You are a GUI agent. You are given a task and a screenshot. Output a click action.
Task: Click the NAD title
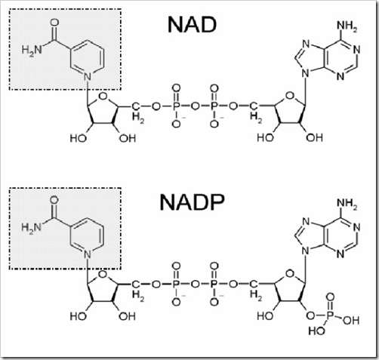click(x=192, y=25)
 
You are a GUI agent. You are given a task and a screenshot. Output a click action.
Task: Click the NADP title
click(x=192, y=202)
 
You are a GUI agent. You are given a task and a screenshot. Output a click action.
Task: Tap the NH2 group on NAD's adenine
click(x=347, y=26)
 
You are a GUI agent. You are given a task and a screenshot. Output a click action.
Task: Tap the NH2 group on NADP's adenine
click(x=347, y=204)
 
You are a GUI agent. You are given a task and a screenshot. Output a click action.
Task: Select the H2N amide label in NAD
click(x=32, y=50)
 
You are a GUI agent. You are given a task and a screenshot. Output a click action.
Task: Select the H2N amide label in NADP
click(x=32, y=228)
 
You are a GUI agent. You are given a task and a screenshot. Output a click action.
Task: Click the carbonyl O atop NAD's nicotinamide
click(x=54, y=23)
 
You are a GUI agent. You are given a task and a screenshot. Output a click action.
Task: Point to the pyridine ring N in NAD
click(x=88, y=76)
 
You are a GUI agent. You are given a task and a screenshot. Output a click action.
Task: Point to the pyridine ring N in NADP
click(x=88, y=254)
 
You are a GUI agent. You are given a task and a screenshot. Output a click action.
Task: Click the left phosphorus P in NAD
click(x=177, y=106)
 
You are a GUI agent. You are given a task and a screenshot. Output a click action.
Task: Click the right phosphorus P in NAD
click(x=214, y=106)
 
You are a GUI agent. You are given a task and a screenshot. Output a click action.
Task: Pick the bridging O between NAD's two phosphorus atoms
click(x=195, y=106)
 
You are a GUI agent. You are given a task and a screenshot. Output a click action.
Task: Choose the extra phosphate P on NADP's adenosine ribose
click(x=330, y=315)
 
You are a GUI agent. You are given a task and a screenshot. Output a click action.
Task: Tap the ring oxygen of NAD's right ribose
click(x=290, y=96)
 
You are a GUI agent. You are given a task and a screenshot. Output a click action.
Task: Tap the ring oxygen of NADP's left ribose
click(x=103, y=274)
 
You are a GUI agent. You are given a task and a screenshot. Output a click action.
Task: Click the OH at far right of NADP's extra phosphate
click(x=351, y=320)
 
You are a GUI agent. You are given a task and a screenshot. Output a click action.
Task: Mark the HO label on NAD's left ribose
click(x=79, y=138)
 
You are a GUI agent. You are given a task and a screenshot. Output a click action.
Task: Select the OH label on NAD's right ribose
click(x=314, y=138)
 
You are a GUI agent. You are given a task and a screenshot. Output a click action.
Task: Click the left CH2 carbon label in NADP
click(x=136, y=285)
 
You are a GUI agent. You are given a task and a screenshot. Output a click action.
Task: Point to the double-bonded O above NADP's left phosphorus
click(x=177, y=266)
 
